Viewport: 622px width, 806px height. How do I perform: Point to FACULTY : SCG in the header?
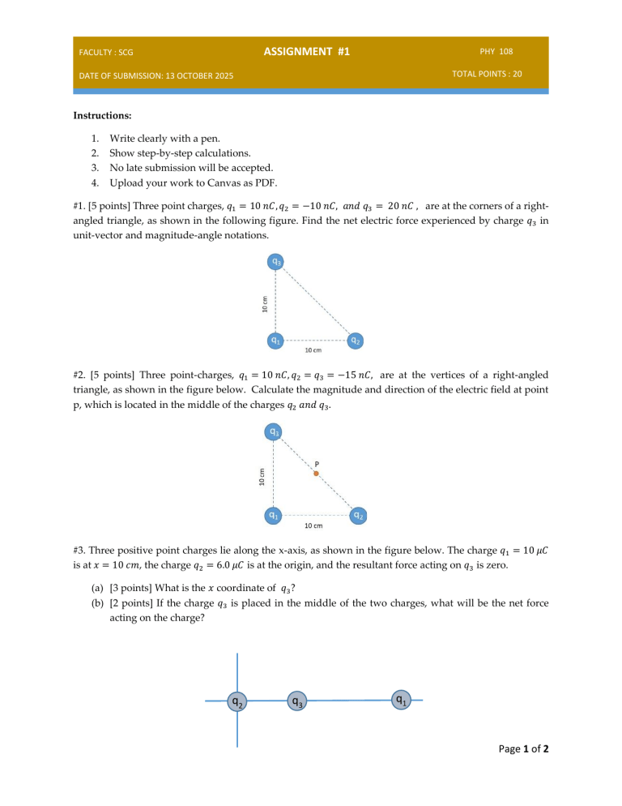point(105,53)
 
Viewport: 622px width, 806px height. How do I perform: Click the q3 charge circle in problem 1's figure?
point(276,262)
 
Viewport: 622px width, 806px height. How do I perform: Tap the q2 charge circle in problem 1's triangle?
point(355,341)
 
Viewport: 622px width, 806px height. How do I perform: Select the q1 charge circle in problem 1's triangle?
point(276,341)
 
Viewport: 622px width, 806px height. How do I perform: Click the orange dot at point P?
point(317,474)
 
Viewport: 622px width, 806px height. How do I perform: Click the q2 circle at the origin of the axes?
point(236,701)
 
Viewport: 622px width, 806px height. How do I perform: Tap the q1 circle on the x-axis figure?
point(401,699)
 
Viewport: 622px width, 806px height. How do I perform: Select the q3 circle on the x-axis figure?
point(297,701)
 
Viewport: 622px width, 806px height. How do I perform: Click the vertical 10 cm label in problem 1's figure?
point(265,304)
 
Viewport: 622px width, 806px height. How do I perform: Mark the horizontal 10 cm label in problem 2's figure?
point(313,525)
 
